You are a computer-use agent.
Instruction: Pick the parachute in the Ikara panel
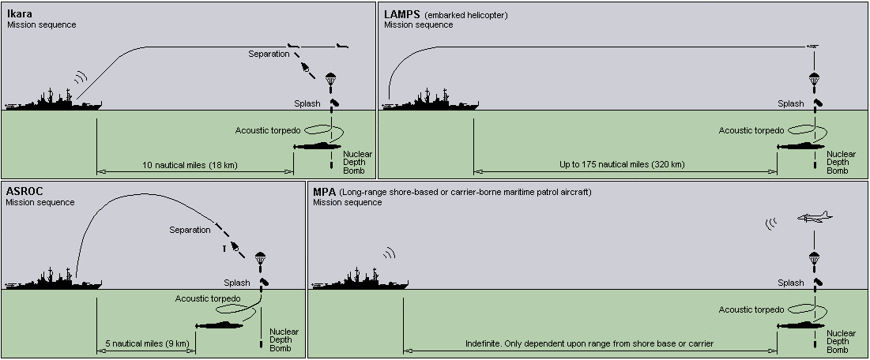click(x=331, y=79)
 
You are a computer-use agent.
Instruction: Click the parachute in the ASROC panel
click(x=262, y=257)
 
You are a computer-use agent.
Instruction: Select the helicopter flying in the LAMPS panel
click(x=813, y=47)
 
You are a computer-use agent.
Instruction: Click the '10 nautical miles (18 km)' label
click(x=190, y=165)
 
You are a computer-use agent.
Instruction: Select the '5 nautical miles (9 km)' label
click(x=147, y=343)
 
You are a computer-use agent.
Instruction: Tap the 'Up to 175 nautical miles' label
click(x=622, y=165)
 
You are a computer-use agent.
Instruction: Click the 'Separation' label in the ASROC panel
click(x=190, y=230)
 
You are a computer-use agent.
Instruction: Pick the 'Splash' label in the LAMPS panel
click(x=790, y=103)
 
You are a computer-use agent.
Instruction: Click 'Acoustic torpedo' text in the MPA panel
click(x=751, y=310)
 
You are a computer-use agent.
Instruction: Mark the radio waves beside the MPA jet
click(x=772, y=223)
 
